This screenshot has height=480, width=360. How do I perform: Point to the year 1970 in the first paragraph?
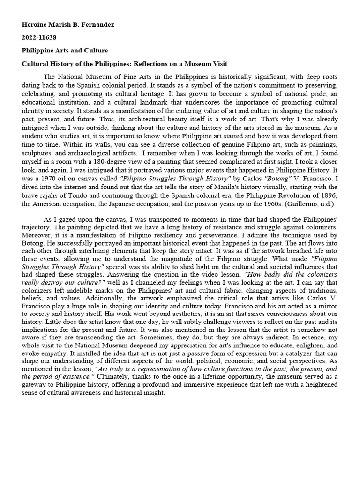pos(41,178)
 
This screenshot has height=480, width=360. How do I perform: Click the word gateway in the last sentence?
pos(37,393)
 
